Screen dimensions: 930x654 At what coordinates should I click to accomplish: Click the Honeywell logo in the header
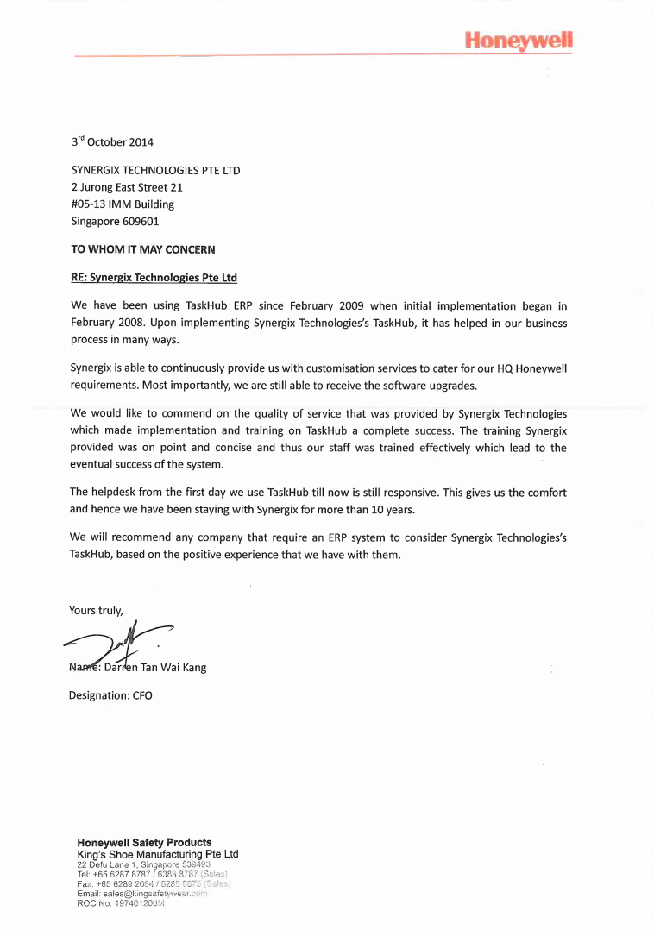518,40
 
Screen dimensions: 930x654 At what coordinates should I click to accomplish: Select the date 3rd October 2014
112,142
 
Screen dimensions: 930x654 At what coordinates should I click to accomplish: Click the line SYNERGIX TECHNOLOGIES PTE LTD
155,170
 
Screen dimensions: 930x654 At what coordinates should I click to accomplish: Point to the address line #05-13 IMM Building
123,204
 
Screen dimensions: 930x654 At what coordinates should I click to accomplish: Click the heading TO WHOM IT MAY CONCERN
142,249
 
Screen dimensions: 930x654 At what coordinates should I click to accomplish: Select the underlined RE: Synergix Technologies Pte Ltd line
154,278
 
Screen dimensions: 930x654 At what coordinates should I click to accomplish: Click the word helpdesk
113,493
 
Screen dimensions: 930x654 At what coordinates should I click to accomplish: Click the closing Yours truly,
96,611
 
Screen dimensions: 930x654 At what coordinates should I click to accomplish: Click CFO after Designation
142,695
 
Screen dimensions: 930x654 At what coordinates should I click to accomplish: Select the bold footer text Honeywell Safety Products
144,842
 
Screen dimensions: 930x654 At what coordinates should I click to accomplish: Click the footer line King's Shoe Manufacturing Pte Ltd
157,854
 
